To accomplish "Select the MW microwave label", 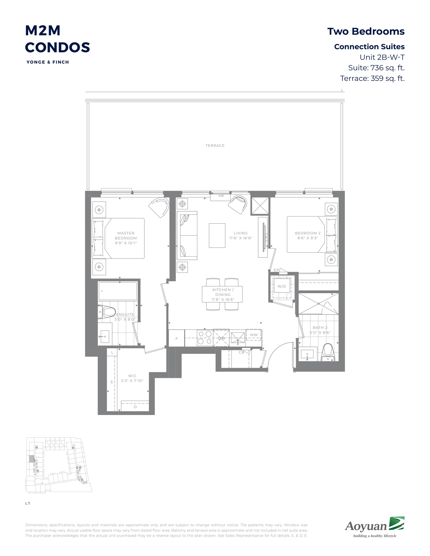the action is (x=254, y=335).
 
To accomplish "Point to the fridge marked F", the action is (x=177, y=338).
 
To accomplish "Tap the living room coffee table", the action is (x=217, y=236).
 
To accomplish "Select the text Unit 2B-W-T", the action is (x=382, y=57).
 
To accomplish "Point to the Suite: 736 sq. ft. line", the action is (x=376, y=68).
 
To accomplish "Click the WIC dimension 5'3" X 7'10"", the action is (x=132, y=381).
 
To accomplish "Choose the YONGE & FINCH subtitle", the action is (x=48, y=62).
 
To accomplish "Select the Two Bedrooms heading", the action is (x=366, y=32).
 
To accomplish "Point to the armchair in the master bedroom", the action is (x=160, y=207).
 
